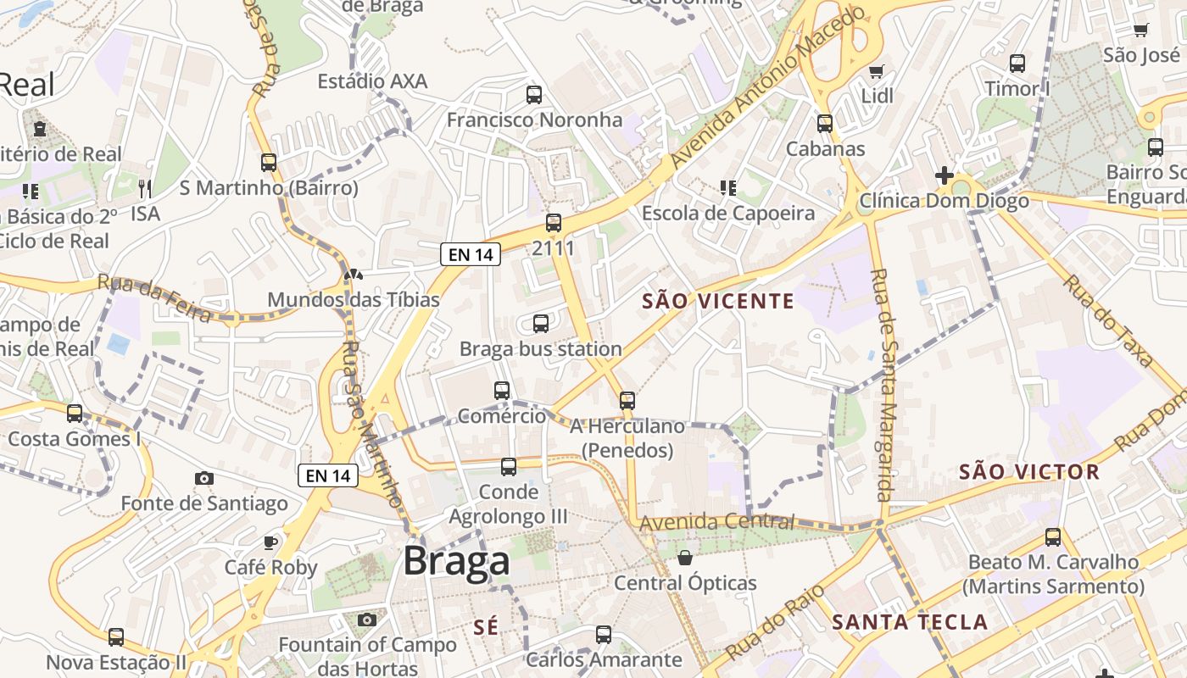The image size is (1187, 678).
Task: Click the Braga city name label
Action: tap(457, 560)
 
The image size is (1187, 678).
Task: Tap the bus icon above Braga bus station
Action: tap(541, 323)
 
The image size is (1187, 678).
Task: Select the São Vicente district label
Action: tap(718, 301)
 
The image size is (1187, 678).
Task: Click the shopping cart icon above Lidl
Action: tap(877, 71)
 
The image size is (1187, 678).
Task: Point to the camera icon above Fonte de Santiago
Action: tap(204, 478)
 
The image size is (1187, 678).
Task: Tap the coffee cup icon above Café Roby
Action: tap(270, 542)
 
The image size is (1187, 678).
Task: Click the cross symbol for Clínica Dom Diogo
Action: tap(945, 175)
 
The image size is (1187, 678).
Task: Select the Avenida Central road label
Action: tap(717, 521)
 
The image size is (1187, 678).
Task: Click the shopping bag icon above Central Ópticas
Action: tap(685, 558)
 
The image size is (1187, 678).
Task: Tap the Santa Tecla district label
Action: tap(910, 622)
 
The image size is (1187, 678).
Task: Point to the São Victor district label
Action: tap(1029, 472)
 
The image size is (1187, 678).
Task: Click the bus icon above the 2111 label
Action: tap(554, 223)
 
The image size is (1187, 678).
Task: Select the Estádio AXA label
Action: tap(372, 81)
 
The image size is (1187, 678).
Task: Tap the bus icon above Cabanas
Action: tap(825, 124)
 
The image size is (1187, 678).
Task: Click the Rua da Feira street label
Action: tap(153, 298)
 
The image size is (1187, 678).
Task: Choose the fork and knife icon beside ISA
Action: tap(145, 188)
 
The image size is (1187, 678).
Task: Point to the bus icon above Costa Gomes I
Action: tap(75, 414)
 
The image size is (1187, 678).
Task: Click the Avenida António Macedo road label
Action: tap(766, 88)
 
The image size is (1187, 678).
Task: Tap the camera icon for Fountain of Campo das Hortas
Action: tap(367, 620)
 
